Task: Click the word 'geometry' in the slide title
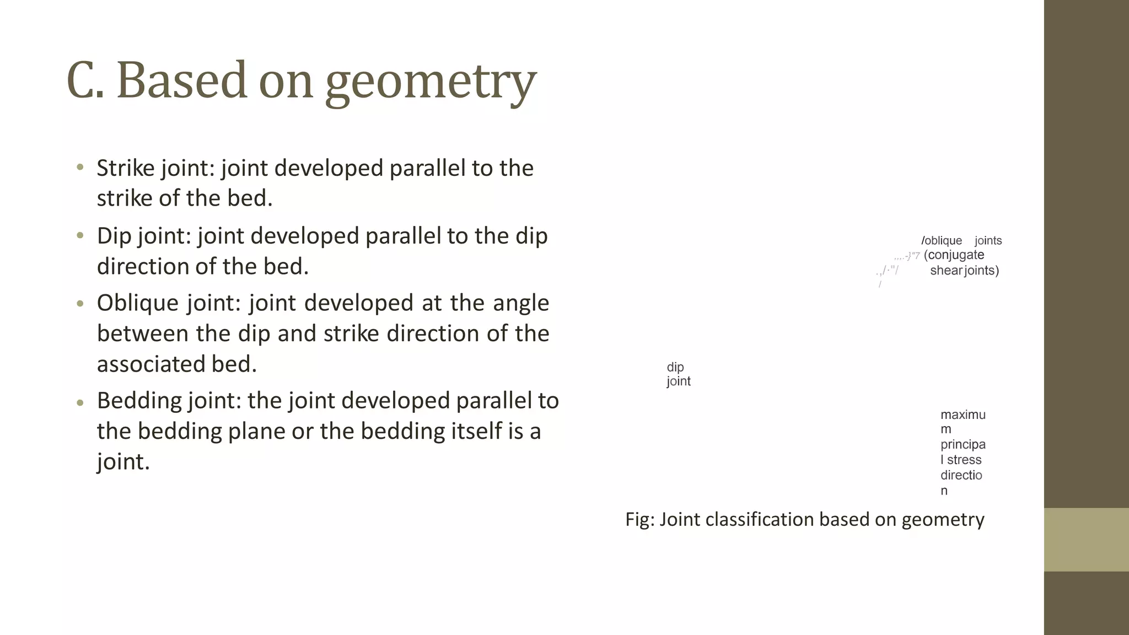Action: (x=430, y=82)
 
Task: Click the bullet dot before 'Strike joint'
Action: (x=80, y=167)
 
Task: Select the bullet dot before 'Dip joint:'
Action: (x=80, y=235)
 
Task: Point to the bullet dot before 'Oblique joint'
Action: (x=80, y=303)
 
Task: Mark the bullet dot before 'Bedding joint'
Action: (x=80, y=402)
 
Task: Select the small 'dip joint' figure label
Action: (x=678, y=374)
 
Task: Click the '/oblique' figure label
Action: (x=942, y=241)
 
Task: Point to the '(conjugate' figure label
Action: (x=954, y=255)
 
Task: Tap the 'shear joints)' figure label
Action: (x=964, y=271)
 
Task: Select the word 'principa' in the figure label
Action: (x=963, y=444)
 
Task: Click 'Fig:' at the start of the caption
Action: (x=639, y=519)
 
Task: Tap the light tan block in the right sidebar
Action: (x=1086, y=540)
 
